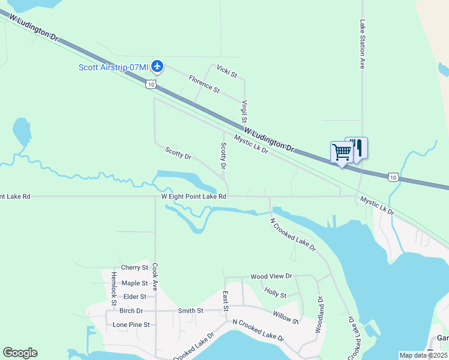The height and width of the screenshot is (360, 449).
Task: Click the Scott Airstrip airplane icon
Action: (157, 66)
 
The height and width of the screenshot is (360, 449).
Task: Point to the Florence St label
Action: (204, 83)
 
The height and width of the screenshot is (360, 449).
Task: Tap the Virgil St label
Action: (245, 112)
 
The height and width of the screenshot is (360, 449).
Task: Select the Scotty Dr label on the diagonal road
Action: (178, 154)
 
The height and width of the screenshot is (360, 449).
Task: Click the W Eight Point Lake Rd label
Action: (193, 196)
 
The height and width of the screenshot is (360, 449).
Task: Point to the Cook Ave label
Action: (155, 278)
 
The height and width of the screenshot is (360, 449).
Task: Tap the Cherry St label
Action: (134, 268)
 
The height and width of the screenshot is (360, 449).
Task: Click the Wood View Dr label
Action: (271, 277)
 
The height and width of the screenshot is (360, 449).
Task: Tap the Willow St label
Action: (286, 317)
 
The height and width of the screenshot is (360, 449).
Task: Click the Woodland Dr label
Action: (319, 314)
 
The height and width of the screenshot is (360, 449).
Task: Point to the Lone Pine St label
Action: (131, 325)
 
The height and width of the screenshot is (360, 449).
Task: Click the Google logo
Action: (20, 353)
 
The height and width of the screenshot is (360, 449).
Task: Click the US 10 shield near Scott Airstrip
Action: (151, 85)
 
